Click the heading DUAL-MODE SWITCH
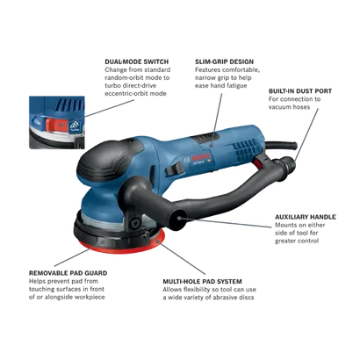click(x=137, y=61)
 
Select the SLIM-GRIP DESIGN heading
click(x=225, y=61)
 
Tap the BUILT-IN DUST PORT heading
click(x=300, y=91)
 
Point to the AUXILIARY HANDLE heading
click(x=306, y=217)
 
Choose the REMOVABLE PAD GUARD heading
click(x=68, y=273)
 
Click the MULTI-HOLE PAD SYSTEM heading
click(x=202, y=282)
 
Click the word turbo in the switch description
click(x=113, y=86)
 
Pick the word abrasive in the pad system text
click(x=225, y=298)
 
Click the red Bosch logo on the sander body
click(x=201, y=156)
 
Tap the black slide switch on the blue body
click(x=175, y=169)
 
